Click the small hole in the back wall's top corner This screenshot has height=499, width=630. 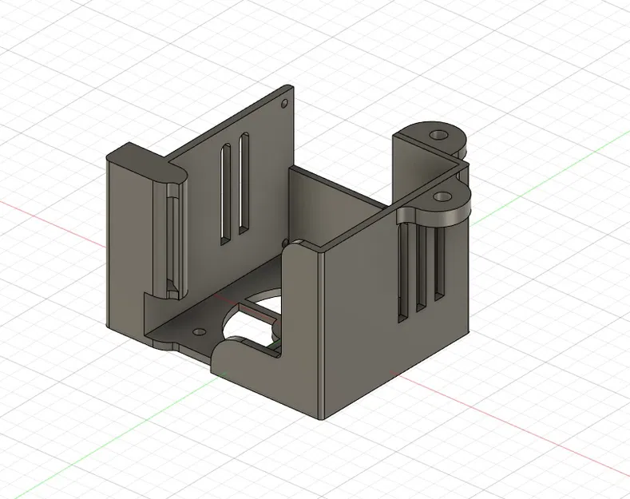(x=283, y=103)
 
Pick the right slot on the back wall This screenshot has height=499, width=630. (x=244, y=184)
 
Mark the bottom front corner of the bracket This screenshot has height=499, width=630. (x=321, y=417)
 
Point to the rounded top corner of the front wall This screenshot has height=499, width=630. (x=299, y=247)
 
